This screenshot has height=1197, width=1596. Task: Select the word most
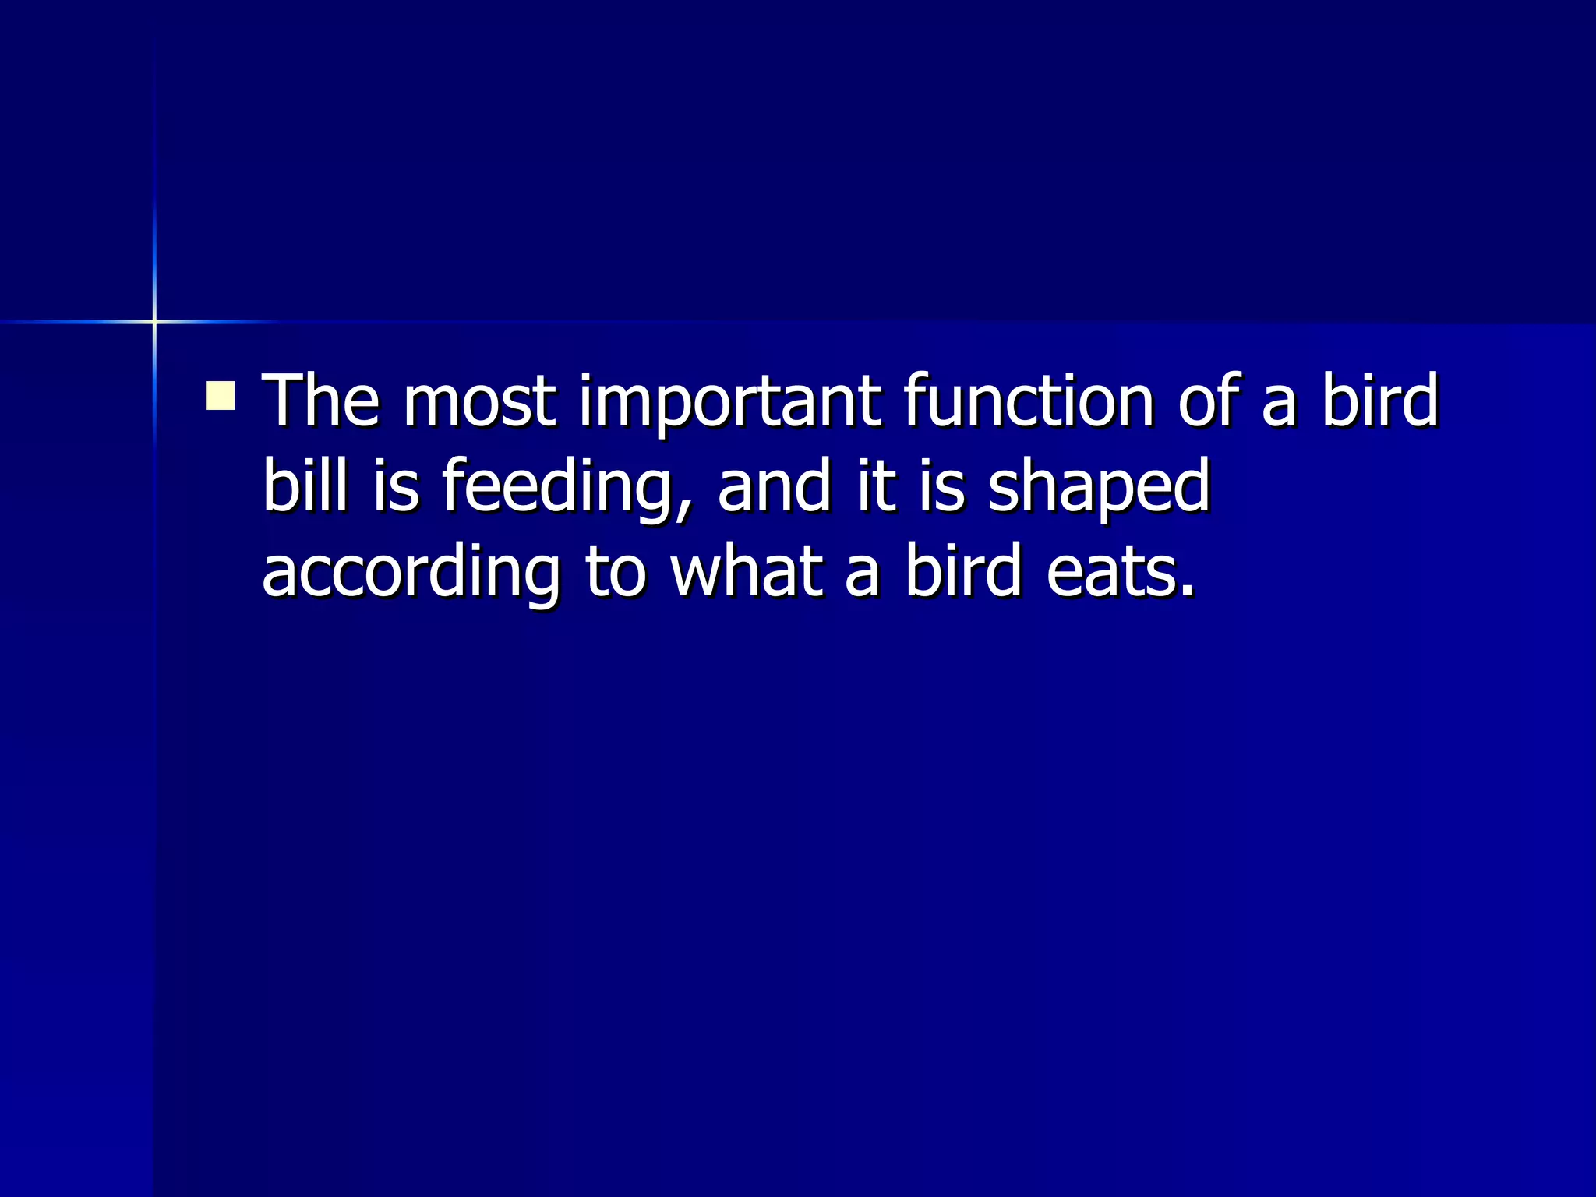pyautogui.click(x=479, y=402)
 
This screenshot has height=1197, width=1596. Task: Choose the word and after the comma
pyautogui.click(x=775, y=486)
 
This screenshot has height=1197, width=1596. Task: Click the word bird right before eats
pyautogui.click(x=963, y=572)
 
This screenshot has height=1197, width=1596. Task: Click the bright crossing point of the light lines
pyautogui.click(x=154, y=321)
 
